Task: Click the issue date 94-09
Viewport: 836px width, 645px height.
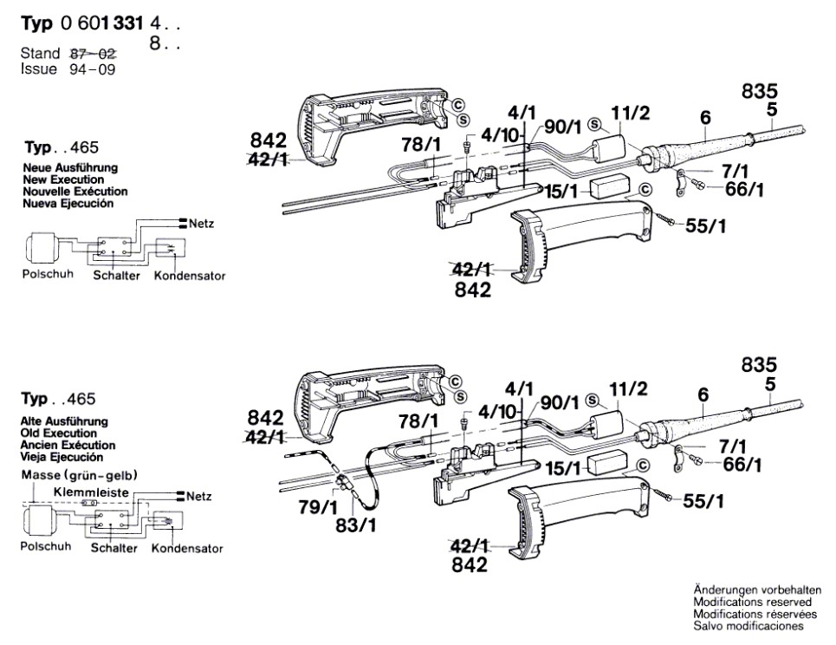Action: [90, 68]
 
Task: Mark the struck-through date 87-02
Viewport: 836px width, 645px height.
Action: [92, 54]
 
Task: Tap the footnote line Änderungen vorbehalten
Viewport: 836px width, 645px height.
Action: [753, 590]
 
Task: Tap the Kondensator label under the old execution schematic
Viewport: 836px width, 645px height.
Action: [187, 548]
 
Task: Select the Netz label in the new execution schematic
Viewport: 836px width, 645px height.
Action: [201, 224]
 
